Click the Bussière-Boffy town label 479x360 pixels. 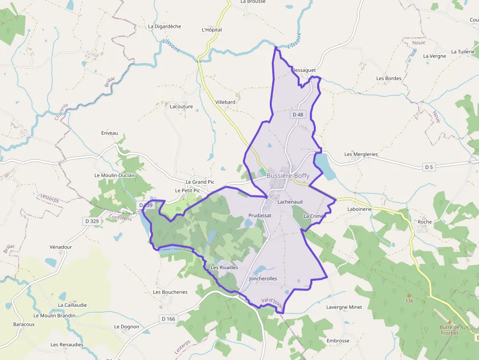tap(288, 176)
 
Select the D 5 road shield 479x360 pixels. tap(429, 167)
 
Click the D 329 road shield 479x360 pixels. tap(91, 221)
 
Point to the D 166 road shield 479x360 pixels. tap(168, 319)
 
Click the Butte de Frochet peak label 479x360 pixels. tap(449, 330)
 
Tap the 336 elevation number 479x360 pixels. tap(409, 300)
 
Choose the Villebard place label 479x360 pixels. tap(225, 102)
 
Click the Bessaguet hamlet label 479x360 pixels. tap(304, 70)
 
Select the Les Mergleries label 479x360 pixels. tap(361, 154)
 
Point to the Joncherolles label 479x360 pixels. tap(263, 278)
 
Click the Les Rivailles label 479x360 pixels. tap(224, 267)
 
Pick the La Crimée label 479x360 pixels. tap(315, 216)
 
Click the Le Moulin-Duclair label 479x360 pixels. tap(114, 175)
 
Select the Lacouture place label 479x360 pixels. tap(181, 106)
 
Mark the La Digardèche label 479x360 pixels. tap(165, 26)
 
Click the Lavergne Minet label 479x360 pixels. tap(344, 307)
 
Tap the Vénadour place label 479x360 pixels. tap(61, 247)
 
